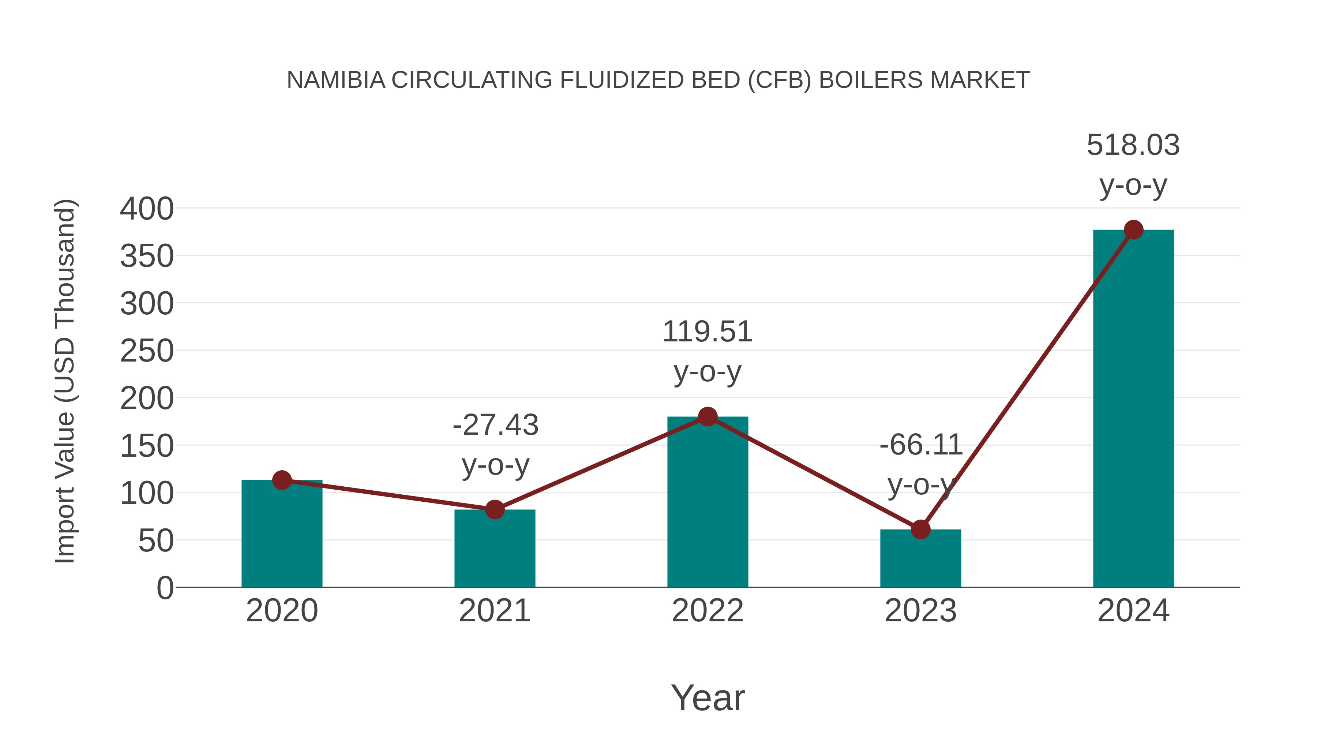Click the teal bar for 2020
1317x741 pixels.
282,534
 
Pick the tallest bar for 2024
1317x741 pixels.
1133,409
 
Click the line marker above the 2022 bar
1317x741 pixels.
707,417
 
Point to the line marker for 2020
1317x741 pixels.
282,480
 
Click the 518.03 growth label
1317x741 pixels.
1133,145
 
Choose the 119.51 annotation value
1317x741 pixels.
707,332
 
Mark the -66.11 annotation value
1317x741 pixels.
921,445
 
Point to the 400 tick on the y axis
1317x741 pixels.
147,209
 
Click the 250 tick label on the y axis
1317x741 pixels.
147,351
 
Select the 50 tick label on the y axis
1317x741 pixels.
155,541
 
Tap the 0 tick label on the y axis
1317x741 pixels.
165,588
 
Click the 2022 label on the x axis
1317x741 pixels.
707,611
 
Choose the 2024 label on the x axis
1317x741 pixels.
1133,611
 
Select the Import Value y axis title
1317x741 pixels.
65,381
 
